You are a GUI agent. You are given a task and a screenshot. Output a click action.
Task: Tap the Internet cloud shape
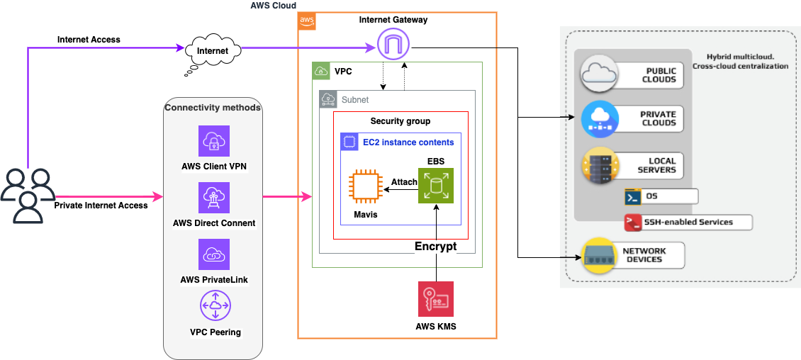pos(213,51)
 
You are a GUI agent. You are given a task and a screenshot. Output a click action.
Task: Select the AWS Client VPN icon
pos(213,141)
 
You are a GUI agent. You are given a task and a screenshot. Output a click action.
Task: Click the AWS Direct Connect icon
pos(213,198)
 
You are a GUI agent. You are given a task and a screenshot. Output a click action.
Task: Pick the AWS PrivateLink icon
pos(213,254)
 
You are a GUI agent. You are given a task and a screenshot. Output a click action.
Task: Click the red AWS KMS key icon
pos(435,298)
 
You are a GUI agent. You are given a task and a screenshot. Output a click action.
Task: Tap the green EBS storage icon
pos(435,186)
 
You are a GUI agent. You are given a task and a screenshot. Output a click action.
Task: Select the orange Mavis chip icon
pos(366,187)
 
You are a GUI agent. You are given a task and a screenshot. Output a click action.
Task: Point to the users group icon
pos(27,195)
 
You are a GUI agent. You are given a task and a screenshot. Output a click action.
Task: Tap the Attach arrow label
pos(404,182)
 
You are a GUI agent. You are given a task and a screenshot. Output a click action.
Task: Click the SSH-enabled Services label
pos(688,223)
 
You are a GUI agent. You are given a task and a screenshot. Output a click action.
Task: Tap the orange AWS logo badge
pos(307,21)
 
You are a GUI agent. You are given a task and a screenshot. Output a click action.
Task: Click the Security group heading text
pos(400,121)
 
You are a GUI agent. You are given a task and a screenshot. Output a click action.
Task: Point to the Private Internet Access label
pos(101,206)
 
